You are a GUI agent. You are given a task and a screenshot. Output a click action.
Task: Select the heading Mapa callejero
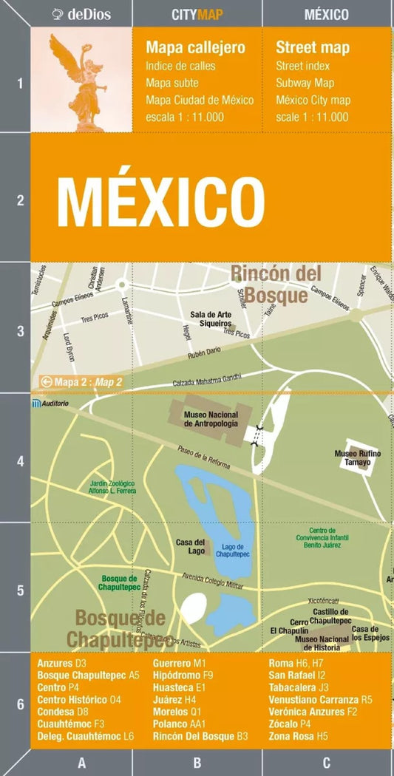(x=195, y=48)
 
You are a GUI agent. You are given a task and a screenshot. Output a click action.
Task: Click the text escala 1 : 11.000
(x=185, y=117)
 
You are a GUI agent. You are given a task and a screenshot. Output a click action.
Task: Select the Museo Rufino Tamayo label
(x=356, y=457)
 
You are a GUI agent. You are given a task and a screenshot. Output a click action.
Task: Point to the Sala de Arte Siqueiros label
(x=211, y=319)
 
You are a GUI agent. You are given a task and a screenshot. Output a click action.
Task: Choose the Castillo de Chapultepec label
(x=330, y=616)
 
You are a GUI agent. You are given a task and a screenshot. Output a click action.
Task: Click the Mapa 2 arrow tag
(x=81, y=382)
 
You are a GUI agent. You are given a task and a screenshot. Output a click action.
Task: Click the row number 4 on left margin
(x=21, y=462)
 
